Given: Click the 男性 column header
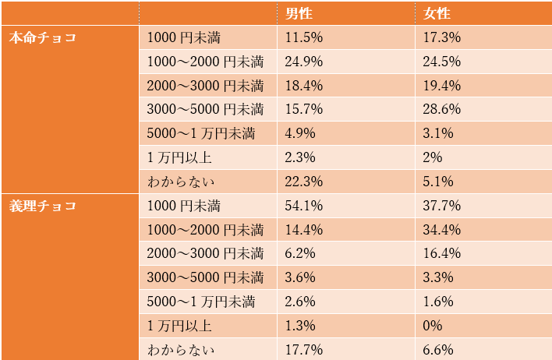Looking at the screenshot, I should (x=301, y=13).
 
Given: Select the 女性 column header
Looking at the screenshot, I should (x=437, y=13).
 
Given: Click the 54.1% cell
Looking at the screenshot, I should (x=305, y=206).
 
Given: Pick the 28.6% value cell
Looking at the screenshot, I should (x=441, y=109).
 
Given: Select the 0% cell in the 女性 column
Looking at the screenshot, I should (x=433, y=326).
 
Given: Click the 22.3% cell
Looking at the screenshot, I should (x=305, y=182).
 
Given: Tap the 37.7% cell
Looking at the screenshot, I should (x=441, y=206).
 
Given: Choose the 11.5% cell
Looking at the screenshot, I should (x=305, y=37).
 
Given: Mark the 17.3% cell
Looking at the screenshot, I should (x=441, y=37).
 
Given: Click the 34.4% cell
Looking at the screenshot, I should (x=441, y=231).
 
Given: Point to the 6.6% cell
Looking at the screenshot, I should (x=437, y=350).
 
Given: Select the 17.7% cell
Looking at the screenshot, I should (x=305, y=350).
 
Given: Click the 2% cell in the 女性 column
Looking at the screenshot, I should (x=433, y=157).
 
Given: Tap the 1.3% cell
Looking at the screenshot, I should (x=301, y=326).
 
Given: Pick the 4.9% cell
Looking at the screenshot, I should (x=301, y=133).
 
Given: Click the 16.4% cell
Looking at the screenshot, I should (x=441, y=254).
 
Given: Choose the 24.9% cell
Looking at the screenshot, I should (x=305, y=62).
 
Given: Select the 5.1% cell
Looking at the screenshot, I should (x=437, y=182).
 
